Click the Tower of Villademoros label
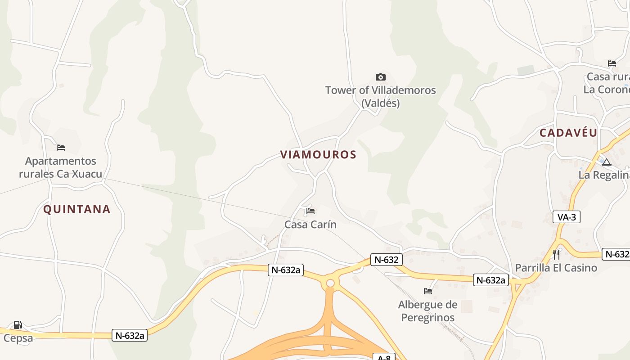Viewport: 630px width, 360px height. pos(380,96)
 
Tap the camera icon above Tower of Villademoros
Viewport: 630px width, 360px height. pos(380,77)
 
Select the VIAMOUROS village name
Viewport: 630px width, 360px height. pos(318,155)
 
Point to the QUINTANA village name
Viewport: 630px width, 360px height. pos(77,209)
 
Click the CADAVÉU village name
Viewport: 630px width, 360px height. pos(568,133)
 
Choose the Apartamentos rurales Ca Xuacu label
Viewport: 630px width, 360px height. pos(61,167)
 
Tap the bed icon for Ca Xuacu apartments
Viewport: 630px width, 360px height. pos(61,147)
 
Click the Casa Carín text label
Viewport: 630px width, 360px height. pos(310,224)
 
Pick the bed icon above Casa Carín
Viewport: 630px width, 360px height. pos(310,211)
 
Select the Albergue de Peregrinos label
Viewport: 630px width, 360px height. pos(427,311)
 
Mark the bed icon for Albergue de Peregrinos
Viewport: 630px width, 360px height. pos(428,291)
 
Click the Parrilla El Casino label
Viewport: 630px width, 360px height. pos(556,268)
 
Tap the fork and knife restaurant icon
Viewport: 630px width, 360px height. pos(556,255)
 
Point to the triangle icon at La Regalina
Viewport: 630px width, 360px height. pos(606,162)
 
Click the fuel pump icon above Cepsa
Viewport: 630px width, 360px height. pos(18,325)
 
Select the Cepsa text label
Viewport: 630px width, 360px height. pos(18,338)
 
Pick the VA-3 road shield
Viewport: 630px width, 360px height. pos(567,217)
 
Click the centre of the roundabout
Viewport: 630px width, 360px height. pos(330,283)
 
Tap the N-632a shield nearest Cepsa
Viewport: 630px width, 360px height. pos(130,335)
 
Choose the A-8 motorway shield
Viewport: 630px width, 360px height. pos(384,357)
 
